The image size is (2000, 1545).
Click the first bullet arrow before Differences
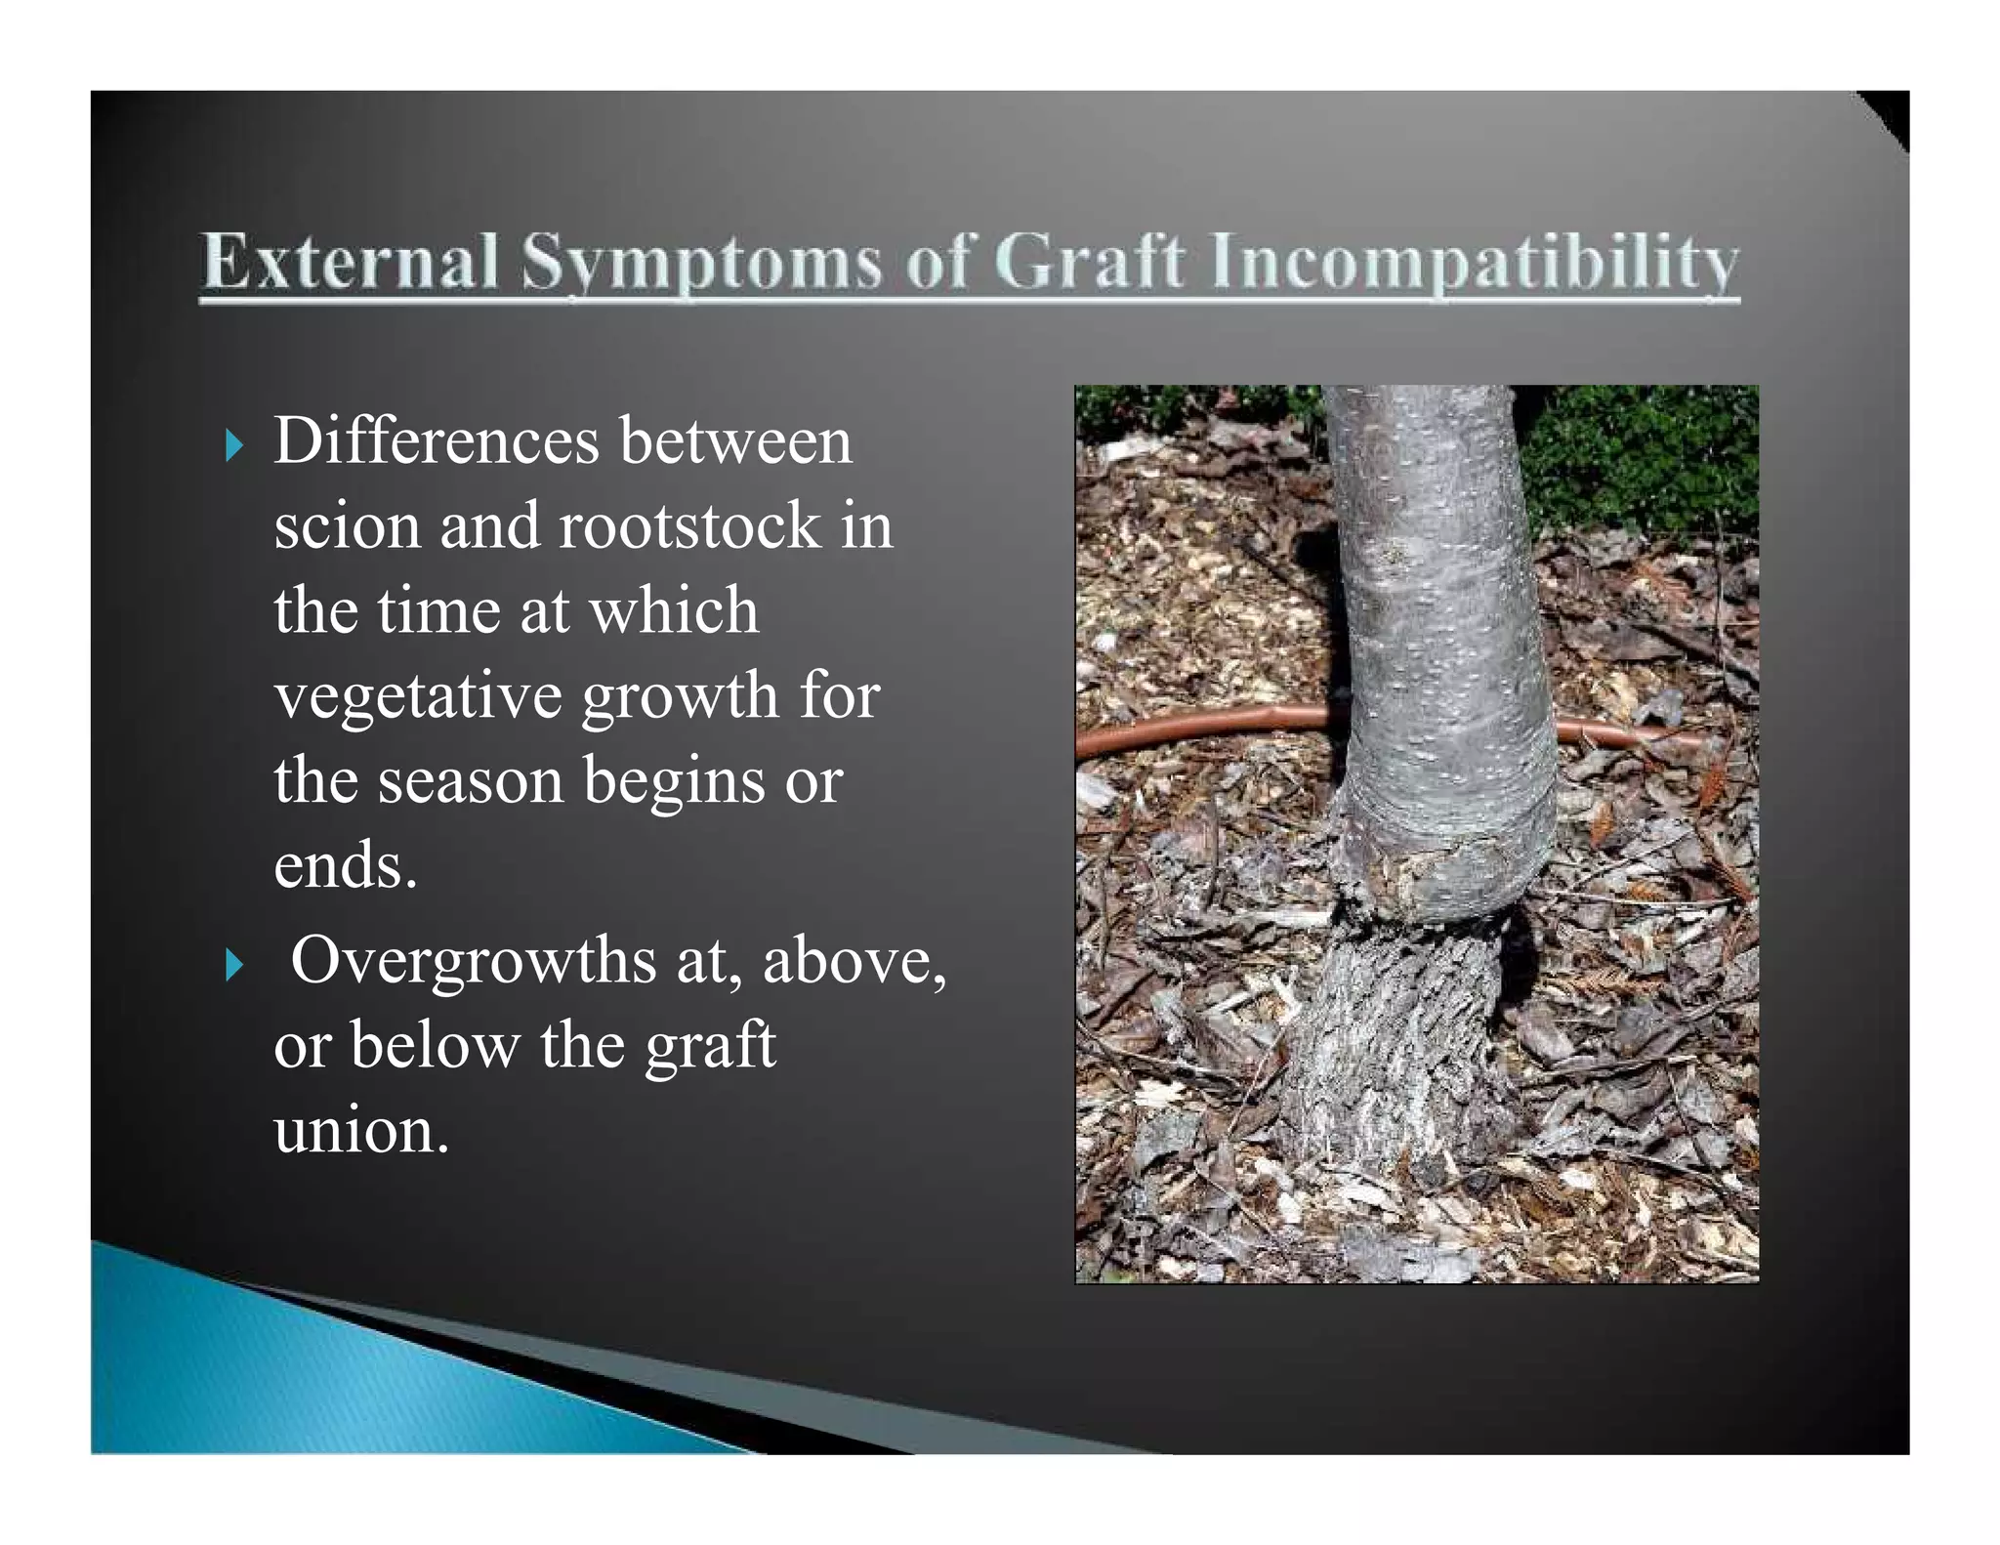[232, 447]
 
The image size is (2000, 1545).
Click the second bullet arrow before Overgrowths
[232, 966]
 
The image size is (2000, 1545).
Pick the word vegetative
[419, 697]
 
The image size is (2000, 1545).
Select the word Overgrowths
[473, 961]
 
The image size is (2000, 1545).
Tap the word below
[435, 1046]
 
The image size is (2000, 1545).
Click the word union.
[360, 1131]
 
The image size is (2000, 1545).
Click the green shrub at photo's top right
[1650, 459]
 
